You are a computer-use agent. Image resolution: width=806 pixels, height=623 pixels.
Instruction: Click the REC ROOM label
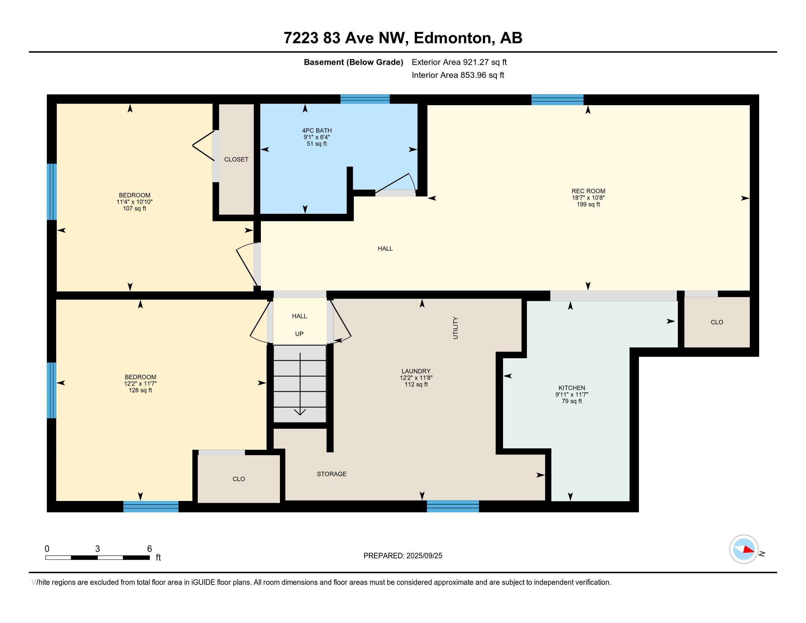(588, 191)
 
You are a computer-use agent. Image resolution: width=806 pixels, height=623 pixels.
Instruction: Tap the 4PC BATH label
(317, 131)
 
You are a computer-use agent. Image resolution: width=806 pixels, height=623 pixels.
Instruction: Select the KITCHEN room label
(572, 388)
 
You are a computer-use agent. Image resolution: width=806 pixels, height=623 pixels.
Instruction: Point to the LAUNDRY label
(416, 371)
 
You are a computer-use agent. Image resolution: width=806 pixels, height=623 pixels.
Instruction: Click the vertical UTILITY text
(455, 328)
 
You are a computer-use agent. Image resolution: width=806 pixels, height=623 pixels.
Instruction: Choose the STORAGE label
(332, 474)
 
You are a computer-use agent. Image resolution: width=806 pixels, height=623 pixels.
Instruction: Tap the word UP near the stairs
(299, 334)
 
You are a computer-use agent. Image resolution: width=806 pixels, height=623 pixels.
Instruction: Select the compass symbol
(744, 549)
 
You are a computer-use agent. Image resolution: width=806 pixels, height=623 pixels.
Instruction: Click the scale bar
(97, 557)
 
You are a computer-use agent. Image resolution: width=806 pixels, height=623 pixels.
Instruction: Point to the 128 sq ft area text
(140, 391)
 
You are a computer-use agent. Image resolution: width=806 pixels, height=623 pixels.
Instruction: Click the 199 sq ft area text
(588, 204)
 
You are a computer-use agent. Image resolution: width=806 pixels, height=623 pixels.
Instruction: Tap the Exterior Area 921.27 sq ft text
(459, 62)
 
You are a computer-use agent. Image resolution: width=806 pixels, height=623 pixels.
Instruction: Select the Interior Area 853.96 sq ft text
(458, 75)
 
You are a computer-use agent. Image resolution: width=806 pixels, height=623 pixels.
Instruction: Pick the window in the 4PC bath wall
(365, 99)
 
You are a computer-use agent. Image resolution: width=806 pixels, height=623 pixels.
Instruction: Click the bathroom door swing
(396, 184)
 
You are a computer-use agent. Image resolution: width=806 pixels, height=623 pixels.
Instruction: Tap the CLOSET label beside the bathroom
(236, 159)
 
